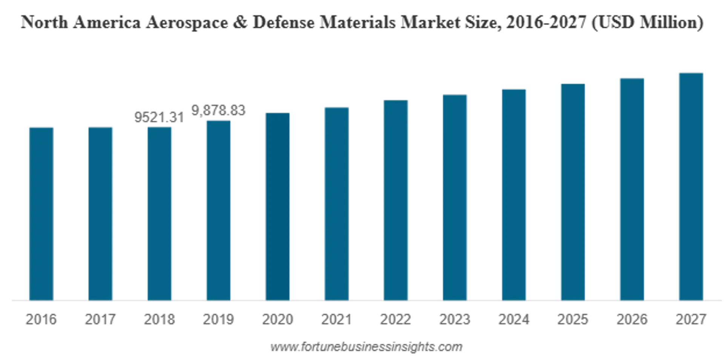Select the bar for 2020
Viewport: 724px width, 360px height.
coord(278,206)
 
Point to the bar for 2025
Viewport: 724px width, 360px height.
coord(573,191)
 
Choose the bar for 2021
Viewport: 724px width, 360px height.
coord(336,203)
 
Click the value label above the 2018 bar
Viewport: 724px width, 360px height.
coord(159,117)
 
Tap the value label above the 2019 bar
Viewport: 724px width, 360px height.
coord(219,111)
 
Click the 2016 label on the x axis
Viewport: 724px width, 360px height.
coord(41,319)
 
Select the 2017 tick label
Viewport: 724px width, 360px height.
coord(101,319)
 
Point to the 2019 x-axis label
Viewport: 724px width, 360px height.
coord(219,319)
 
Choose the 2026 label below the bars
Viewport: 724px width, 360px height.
coord(632,319)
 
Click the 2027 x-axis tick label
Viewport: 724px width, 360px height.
coord(690,319)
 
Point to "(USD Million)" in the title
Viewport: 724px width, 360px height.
coord(647,23)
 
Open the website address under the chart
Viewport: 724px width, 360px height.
coord(366,346)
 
